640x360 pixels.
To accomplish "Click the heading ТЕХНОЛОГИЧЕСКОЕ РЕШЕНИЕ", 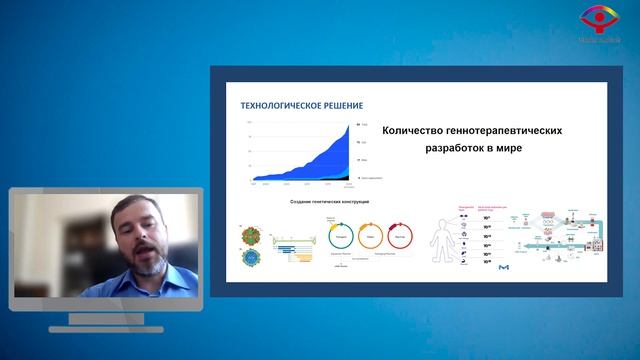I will (x=294, y=105).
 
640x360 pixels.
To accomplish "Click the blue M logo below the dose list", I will (x=508, y=268).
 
